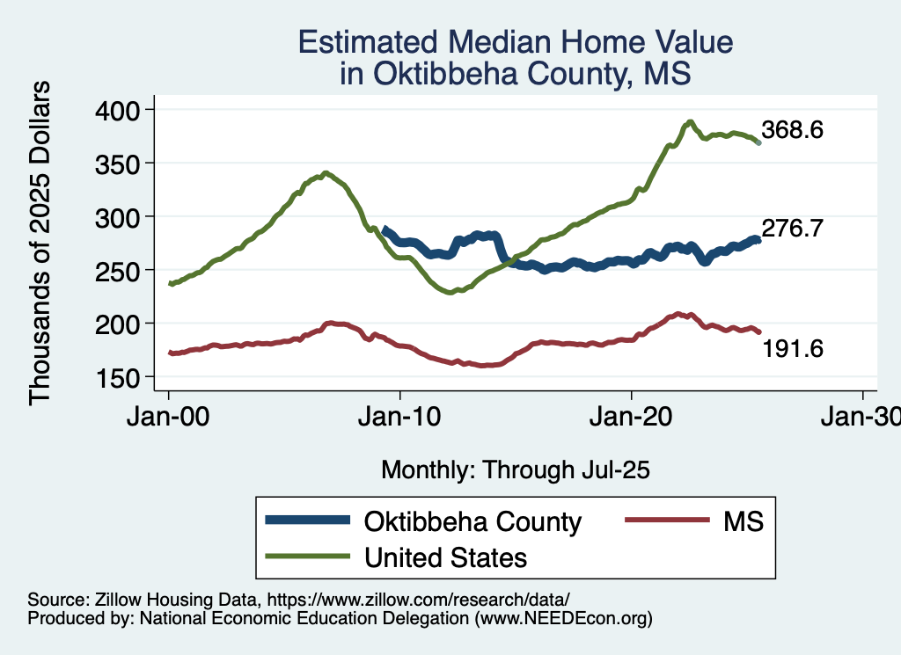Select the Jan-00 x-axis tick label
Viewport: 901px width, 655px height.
[x=168, y=416]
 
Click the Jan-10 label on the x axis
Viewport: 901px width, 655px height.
[x=399, y=416]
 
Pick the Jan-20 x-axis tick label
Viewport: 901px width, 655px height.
[x=631, y=416]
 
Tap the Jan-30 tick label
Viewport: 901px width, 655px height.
[x=861, y=416]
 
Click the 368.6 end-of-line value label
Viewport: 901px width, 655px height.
[x=792, y=131]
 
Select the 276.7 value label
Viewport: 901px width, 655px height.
[x=792, y=229]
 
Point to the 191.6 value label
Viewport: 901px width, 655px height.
[x=792, y=349]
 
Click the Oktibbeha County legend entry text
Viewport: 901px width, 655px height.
[x=472, y=521]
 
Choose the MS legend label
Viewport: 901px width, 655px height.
[x=744, y=521]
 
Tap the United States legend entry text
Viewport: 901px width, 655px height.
[x=445, y=557]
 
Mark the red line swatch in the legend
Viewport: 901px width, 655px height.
[x=666, y=521]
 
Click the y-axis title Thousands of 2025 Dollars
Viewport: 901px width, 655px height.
[x=40, y=243]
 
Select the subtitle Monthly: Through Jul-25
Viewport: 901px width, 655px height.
[x=515, y=470]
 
